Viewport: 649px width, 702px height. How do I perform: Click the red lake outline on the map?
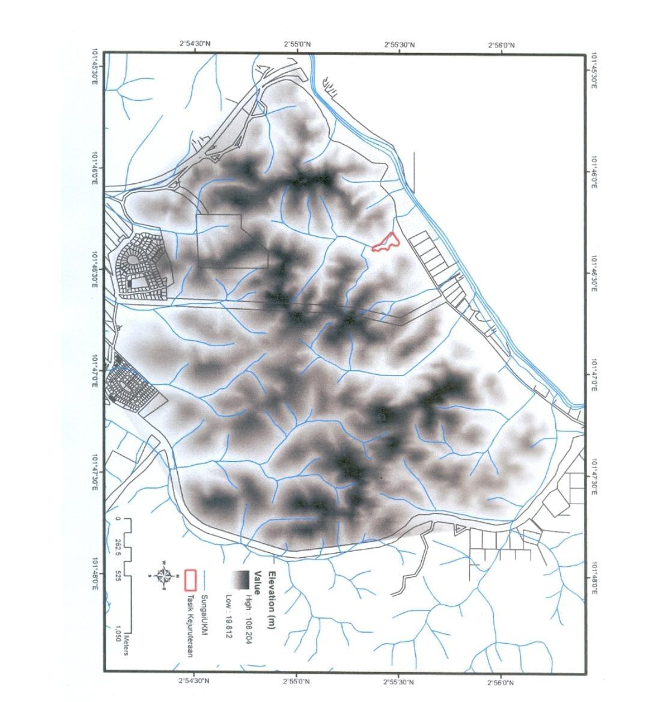(x=385, y=242)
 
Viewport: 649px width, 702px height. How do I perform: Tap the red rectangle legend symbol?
(x=190, y=579)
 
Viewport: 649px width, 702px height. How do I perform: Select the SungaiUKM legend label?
(x=204, y=615)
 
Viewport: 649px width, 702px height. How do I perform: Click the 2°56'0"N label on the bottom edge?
(x=501, y=682)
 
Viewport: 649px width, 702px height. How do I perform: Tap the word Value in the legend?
(x=257, y=582)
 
